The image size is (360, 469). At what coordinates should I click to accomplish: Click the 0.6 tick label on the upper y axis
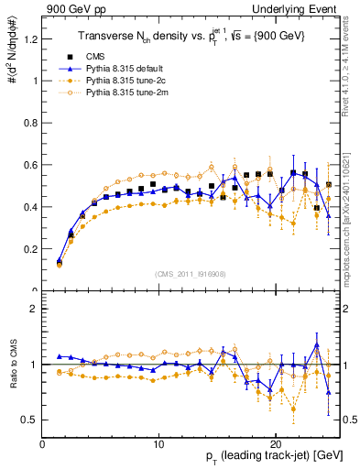[30, 165]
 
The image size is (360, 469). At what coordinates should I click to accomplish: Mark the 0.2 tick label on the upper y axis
[30, 249]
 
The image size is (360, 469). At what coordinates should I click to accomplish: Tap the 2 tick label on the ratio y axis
[34, 309]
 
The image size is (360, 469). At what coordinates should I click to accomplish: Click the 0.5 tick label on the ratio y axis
[30, 420]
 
